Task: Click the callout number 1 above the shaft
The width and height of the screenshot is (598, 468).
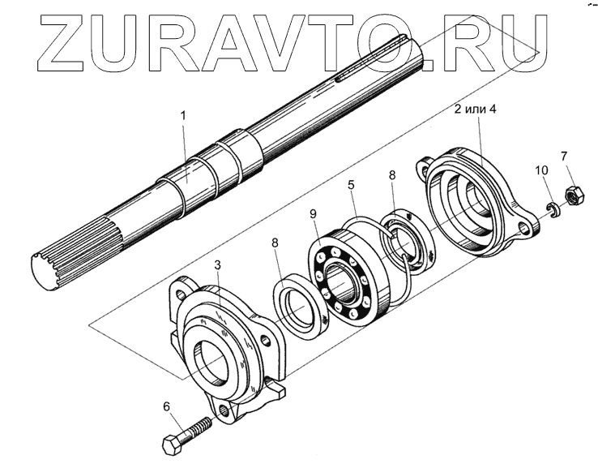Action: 183,116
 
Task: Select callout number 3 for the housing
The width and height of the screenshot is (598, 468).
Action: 217,264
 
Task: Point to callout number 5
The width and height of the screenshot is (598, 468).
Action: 350,185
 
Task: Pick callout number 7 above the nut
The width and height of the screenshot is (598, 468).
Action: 563,155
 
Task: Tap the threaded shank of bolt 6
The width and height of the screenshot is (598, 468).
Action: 202,427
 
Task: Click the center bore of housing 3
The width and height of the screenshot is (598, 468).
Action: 216,360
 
